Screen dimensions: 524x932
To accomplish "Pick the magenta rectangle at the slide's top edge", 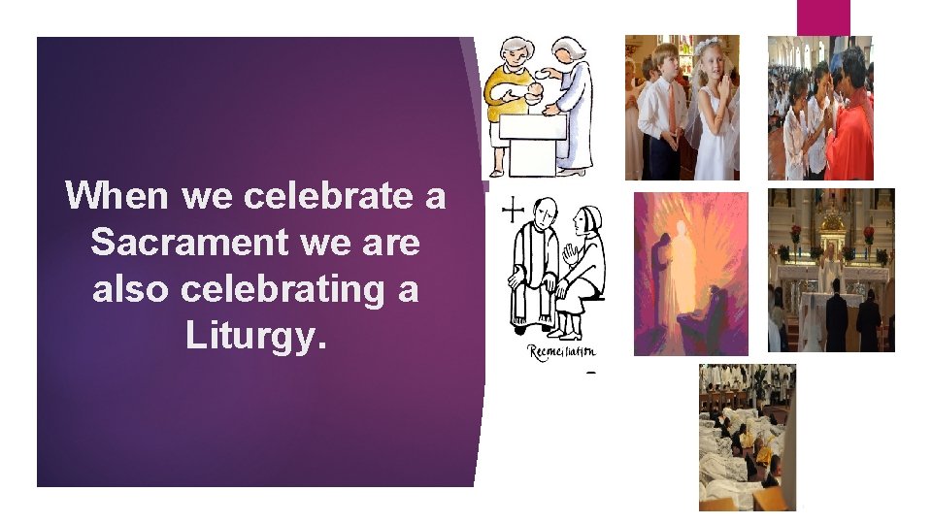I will [x=823, y=17].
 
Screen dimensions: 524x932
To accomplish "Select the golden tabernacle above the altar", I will [x=832, y=233].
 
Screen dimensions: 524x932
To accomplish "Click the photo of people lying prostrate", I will [x=747, y=437].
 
